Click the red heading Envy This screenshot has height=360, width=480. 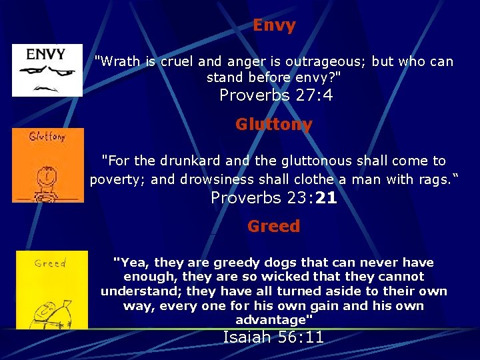(x=274, y=26)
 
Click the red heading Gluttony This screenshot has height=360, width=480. (x=273, y=125)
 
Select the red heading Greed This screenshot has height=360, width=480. (x=273, y=226)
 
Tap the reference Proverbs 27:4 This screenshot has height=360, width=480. (x=276, y=95)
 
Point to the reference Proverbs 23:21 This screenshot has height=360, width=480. (x=273, y=197)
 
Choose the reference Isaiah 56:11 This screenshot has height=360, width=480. (x=273, y=337)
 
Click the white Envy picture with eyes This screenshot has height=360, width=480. (x=47, y=71)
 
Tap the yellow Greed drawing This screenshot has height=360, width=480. (x=51, y=290)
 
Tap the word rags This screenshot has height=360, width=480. (x=434, y=179)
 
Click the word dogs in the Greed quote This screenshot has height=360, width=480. (x=273, y=263)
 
